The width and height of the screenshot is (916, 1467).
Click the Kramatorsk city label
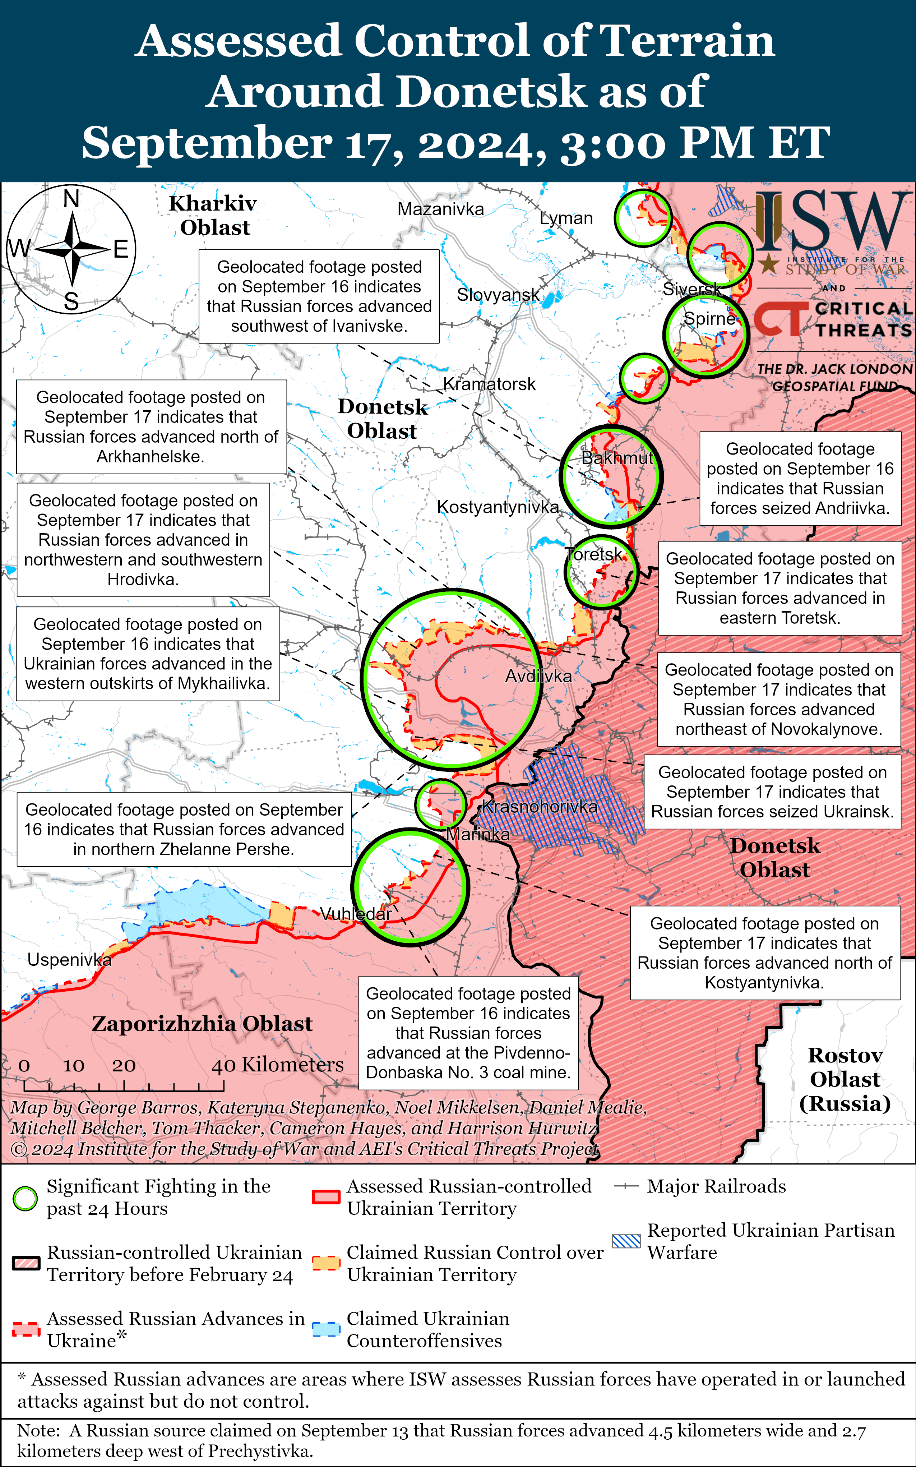[490, 384]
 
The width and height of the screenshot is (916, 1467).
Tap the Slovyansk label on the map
[498, 295]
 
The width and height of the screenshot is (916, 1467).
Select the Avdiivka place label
[538, 676]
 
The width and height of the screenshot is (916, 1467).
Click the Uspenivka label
[69, 960]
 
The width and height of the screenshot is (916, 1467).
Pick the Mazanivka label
[440, 210]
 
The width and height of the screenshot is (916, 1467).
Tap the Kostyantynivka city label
[498, 507]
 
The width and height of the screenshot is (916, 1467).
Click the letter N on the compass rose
[71, 199]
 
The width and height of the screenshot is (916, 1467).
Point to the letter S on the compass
[71, 301]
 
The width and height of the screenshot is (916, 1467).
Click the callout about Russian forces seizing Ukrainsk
[772, 792]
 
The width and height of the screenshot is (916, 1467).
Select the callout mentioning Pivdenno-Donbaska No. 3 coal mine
[468, 1033]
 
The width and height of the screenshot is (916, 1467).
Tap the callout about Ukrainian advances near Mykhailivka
[148, 654]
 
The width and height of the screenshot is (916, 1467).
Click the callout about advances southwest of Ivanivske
[319, 296]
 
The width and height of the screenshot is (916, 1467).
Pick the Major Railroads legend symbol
[626, 1186]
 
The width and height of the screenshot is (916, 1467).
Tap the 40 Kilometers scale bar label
[277, 1065]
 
